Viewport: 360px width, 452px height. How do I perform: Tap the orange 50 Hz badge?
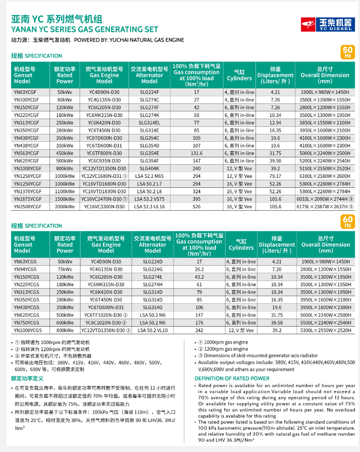click(348, 52)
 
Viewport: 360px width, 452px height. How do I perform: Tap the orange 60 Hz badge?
click(348, 221)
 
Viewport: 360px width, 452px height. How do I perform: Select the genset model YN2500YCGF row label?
click(26, 206)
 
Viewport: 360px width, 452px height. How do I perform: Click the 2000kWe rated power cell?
click(64, 206)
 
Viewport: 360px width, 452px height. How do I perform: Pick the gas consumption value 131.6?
click(196, 153)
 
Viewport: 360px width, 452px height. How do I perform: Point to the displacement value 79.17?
click(275, 176)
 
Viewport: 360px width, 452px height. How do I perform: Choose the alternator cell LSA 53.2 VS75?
click(149, 199)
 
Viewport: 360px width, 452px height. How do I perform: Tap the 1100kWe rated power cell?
click(64, 191)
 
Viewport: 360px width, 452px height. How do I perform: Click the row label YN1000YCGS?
click(26, 330)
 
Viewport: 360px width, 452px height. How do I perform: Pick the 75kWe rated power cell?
click(64, 269)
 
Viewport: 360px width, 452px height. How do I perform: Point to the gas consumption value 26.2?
click(199, 269)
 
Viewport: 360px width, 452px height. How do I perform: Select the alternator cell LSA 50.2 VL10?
click(152, 330)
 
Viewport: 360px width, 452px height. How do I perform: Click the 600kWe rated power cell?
click(64, 323)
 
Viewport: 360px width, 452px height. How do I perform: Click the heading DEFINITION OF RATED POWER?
click(232, 378)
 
